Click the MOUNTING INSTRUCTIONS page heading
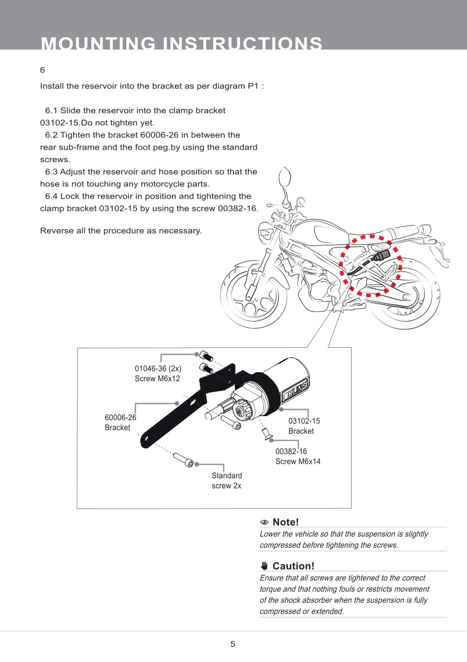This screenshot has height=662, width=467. (x=181, y=44)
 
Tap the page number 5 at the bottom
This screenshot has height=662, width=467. (x=233, y=644)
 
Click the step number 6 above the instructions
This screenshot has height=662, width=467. (x=42, y=70)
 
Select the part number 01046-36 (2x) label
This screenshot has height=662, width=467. (x=158, y=368)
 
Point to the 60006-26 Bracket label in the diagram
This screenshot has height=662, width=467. (x=120, y=422)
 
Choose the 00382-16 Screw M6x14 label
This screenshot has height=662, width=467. (x=298, y=456)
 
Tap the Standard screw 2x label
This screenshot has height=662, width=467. (x=227, y=481)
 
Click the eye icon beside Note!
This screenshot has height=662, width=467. (x=265, y=522)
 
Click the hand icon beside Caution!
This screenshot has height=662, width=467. (x=264, y=566)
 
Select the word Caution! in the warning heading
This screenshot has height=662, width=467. (x=293, y=566)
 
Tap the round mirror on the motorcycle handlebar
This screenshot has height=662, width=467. (x=283, y=179)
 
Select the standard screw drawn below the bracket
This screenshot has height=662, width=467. (x=184, y=460)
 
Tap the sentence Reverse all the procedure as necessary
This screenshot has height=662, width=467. (x=121, y=230)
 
